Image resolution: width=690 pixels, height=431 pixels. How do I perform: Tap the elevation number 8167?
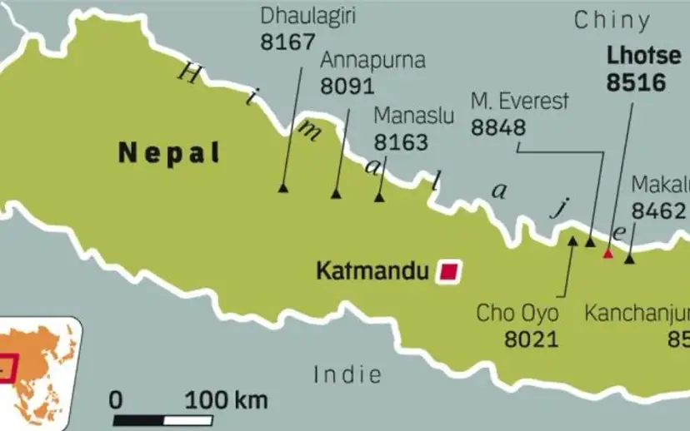tap(288, 42)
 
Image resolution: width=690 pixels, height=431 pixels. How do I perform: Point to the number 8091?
tap(347, 87)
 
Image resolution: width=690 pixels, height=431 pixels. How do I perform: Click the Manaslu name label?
tap(413, 115)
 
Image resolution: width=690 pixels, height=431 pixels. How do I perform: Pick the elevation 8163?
tap(401, 141)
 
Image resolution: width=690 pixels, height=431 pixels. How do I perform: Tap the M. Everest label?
tap(520, 102)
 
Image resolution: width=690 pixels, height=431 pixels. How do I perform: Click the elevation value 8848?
tap(498, 128)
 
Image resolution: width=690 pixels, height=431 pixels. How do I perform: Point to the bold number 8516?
tap(636, 83)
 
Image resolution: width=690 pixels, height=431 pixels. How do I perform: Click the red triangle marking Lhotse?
tap(608, 253)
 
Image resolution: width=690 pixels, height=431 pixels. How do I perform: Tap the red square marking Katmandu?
tap(449, 271)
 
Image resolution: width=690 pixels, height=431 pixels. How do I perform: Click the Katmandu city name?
tap(372, 271)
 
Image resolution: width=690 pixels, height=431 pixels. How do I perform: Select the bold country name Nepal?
tap(169, 152)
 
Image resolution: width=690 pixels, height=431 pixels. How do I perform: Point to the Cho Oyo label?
tap(517, 314)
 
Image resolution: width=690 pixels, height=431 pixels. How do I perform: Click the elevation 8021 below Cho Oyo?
tap(531, 339)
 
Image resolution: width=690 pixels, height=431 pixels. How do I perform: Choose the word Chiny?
tap(612, 21)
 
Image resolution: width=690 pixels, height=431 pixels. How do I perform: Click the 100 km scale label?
tap(226, 400)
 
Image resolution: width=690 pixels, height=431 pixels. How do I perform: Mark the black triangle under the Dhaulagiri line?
tap(282, 189)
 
